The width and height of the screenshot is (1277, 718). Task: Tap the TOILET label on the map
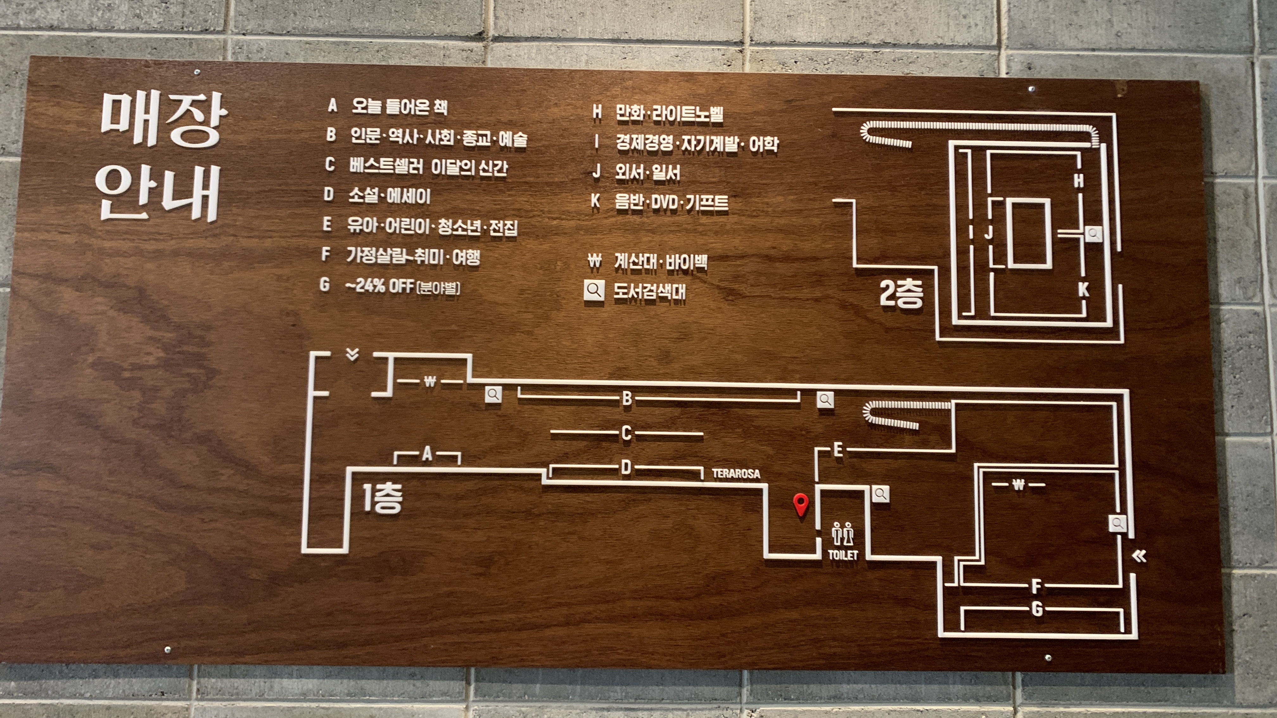(843, 555)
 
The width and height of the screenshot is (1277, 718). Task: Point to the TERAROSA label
(736, 474)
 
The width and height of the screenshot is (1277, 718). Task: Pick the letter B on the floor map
(627, 398)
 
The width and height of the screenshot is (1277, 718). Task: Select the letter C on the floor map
(626, 433)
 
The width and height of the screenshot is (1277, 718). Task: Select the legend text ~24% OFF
(403, 287)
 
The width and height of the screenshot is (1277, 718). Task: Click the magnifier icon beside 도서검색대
(594, 290)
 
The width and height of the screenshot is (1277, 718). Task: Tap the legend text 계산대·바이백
(660, 261)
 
